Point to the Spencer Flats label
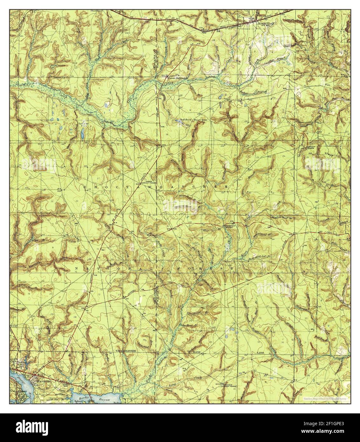click(x=83, y=125)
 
